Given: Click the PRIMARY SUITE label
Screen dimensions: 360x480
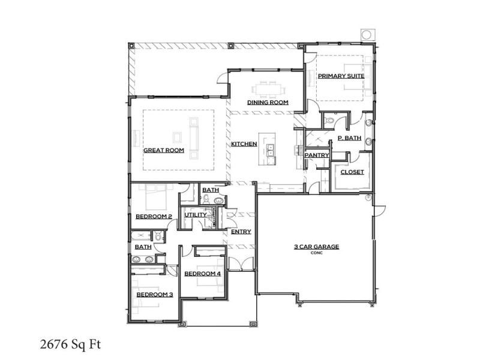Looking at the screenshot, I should pos(340,76).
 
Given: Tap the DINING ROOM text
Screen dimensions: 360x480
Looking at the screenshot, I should pos(268,103).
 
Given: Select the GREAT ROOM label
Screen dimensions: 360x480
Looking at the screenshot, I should pos(163,151).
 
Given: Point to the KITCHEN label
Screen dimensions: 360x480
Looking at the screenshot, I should pos(244,144).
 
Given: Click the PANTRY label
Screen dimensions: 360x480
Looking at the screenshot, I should pos(316,155).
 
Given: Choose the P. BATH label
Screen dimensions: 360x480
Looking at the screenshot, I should pos(349,138).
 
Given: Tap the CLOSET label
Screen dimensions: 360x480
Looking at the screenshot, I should pos(352,172).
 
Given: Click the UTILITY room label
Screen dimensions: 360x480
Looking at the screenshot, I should pos(195,215).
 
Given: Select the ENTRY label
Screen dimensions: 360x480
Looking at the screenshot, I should pos(241,232).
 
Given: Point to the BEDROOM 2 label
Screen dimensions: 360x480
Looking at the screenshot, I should pos(154,217).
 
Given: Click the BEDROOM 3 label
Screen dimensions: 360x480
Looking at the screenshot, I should pos(154,295).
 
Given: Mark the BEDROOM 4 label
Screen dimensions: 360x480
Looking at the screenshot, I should pos(202,274).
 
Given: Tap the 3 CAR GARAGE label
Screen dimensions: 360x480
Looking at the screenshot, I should pos(316,247).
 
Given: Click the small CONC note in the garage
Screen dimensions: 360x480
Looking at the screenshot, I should pos(316,253).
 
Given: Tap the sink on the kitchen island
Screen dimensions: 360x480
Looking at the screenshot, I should pos(271,150).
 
